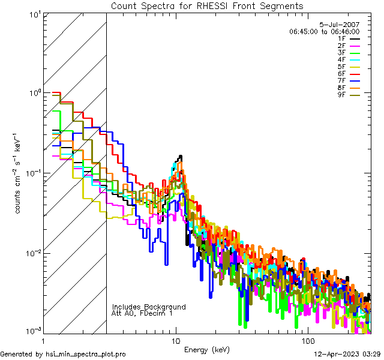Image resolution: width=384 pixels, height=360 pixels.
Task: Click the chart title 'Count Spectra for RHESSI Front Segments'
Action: pyautogui.click(x=207, y=6)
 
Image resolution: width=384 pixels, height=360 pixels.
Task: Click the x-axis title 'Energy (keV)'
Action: pyautogui.click(x=207, y=349)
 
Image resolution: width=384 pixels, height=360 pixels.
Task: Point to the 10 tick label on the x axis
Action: pyautogui.click(x=176, y=340)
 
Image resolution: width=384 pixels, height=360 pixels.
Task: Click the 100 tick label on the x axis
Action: pyautogui.click(x=307, y=340)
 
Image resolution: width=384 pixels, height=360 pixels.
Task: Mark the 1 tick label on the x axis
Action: pyautogui.click(x=44, y=340)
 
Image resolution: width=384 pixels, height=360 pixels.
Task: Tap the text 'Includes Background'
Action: pyautogui.click(x=149, y=307)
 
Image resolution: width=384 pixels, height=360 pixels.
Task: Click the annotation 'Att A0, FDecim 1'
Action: pyautogui.click(x=142, y=313)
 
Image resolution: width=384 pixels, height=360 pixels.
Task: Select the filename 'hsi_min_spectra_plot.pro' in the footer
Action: pyautogui.click(x=86, y=354)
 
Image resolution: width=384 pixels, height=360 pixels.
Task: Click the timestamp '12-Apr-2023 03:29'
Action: pyautogui.click(x=347, y=354)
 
